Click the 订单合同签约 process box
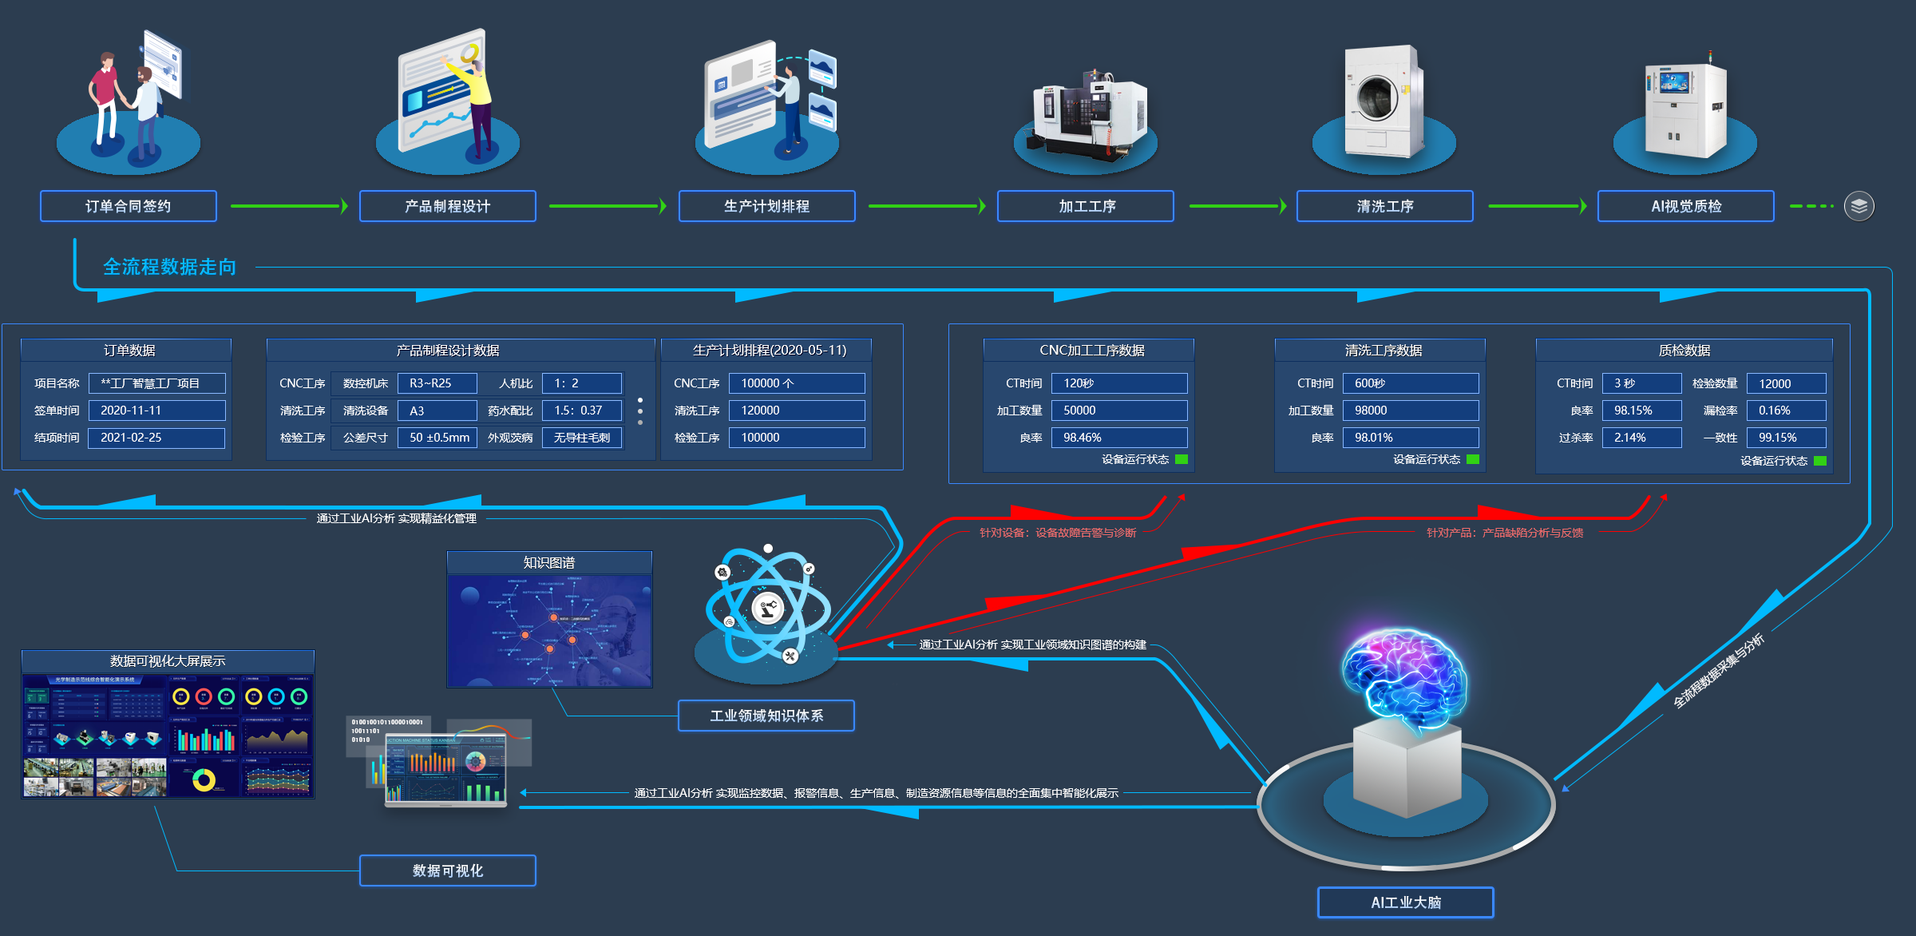(x=129, y=206)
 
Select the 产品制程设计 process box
(x=447, y=206)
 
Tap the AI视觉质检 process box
(x=1685, y=206)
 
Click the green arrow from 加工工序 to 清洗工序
(x=1237, y=206)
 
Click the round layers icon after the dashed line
(x=1859, y=206)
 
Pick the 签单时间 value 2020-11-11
(x=156, y=410)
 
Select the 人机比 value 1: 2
(x=581, y=383)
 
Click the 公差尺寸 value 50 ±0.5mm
(x=437, y=438)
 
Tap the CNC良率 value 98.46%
(x=1118, y=438)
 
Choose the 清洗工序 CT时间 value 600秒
(x=1410, y=383)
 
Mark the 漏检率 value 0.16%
(x=1786, y=410)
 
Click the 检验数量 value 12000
(x=1786, y=383)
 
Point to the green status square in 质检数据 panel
(x=1820, y=461)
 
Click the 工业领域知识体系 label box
(x=766, y=716)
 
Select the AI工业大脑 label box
(x=1406, y=902)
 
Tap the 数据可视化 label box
(x=447, y=871)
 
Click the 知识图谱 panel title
(x=549, y=563)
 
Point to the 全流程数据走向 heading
(x=169, y=267)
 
